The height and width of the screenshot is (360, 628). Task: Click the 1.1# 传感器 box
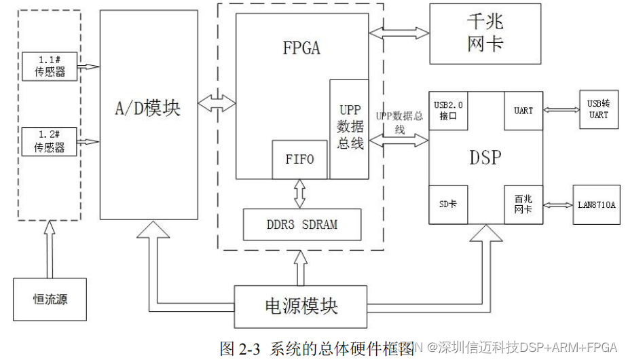50,67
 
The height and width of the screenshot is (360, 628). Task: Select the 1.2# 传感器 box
50,141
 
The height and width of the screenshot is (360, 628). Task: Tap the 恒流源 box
50,299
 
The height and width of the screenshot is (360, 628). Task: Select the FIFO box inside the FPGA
299,159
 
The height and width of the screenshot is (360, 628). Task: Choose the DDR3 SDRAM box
302,224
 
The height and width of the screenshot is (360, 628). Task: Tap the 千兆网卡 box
485,33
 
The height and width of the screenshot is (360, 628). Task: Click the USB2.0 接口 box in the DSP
449,110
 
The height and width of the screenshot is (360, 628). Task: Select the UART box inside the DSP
523,110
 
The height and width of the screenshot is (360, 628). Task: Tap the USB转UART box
598,109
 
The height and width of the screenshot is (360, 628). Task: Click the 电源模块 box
301,306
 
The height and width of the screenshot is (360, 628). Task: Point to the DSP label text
485,158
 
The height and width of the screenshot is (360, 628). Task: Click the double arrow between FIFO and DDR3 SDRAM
299,194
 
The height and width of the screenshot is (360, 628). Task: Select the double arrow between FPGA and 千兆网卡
399,32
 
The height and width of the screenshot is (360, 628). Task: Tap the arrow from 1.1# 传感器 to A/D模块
89,67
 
